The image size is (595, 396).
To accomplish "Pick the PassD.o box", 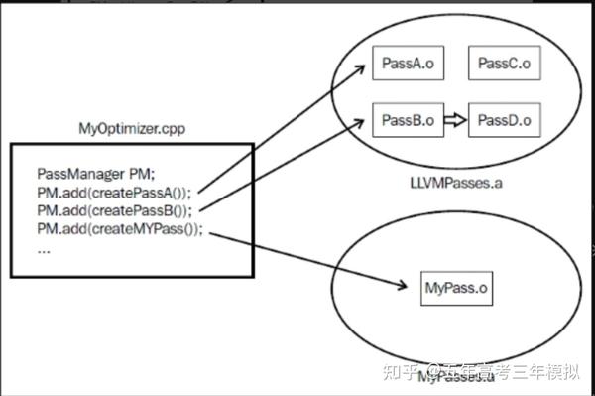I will (503, 120).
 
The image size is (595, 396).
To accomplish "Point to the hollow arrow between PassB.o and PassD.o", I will (454, 121).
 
